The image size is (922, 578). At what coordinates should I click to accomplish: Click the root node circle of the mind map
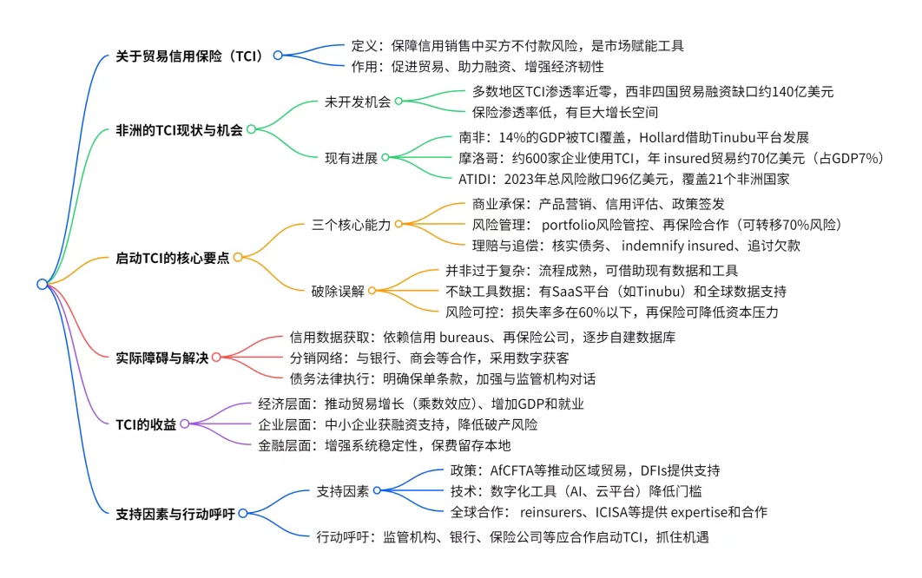click(x=43, y=284)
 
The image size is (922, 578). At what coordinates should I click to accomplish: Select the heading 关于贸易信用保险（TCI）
click(x=188, y=56)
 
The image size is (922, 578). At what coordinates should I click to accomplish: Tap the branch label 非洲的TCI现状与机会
click(x=179, y=130)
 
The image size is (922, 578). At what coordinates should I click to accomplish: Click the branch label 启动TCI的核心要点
click(x=172, y=258)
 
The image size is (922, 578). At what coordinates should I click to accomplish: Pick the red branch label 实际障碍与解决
click(x=161, y=358)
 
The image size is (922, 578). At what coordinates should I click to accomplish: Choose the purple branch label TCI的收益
click(x=146, y=424)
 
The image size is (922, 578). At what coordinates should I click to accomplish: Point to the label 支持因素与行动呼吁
click(x=175, y=514)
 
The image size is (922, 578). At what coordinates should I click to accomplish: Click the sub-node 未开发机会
click(x=358, y=102)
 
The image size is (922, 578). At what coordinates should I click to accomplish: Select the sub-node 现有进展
click(x=351, y=158)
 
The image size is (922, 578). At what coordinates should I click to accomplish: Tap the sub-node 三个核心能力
click(x=351, y=225)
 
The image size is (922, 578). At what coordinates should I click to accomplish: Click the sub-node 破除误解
click(x=338, y=291)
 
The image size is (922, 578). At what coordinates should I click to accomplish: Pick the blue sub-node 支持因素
click(x=342, y=491)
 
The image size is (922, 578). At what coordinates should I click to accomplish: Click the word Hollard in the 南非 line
click(x=661, y=138)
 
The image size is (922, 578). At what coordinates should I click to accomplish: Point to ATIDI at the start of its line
click(x=474, y=179)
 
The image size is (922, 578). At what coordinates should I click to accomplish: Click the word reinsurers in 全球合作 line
click(x=550, y=512)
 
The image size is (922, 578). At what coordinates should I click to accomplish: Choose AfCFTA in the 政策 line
click(x=511, y=470)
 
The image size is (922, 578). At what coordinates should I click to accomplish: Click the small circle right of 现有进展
click(x=385, y=157)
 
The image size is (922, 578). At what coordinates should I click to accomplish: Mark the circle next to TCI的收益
click(x=185, y=424)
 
